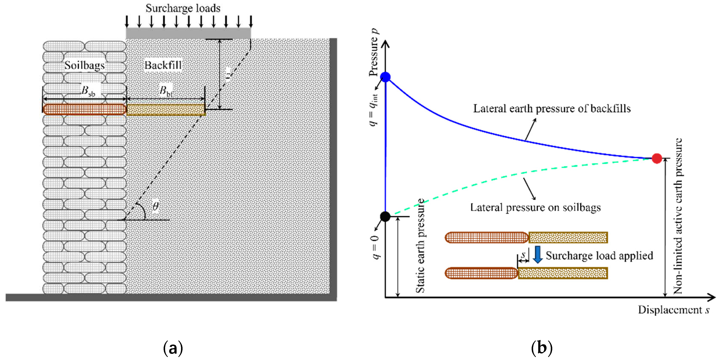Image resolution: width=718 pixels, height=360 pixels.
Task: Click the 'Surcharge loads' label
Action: tap(183, 8)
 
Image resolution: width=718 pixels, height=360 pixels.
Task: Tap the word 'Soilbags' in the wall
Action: tap(84, 65)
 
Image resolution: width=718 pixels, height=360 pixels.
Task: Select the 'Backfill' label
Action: tap(163, 65)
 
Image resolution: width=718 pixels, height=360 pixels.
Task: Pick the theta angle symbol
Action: tap(156, 206)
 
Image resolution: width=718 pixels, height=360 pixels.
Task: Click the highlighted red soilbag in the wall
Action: tap(84, 109)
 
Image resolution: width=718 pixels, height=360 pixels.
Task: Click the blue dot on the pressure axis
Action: tap(385, 77)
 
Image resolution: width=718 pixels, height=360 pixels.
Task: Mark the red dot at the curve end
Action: tap(657, 158)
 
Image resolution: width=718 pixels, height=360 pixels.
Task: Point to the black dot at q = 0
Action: tap(385, 216)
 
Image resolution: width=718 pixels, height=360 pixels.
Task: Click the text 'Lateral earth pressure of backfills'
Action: tap(552, 108)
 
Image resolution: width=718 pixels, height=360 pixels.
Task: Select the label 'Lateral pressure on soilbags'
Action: tap(535, 207)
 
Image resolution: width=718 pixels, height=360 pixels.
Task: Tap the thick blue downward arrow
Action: tap(537, 255)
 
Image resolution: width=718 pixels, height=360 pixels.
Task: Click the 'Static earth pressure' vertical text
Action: tap(420, 246)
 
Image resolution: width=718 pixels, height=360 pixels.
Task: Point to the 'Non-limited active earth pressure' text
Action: tap(678, 216)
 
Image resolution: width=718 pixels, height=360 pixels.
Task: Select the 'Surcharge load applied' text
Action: tap(599, 255)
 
